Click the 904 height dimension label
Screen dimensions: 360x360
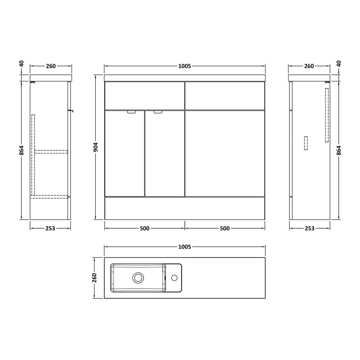pyautogui.click(x=95, y=147)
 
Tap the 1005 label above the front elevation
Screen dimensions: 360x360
pyautogui.click(x=184, y=66)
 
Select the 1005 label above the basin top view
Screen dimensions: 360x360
pyautogui.click(x=184, y=247)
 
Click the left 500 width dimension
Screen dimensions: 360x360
pyautogui.click(x=145, y=229)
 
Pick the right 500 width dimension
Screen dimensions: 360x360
pyautogui.click(x=225, y=229)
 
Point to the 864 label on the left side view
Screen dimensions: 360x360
pyautogui.click(x=22, y=150)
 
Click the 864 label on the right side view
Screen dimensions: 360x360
pyautogui.click(x=339, y=150)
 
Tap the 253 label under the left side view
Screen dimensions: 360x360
pyautogui.click(x=50, y=229)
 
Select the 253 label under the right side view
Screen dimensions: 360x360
pyautogui.click(x=310, y=229)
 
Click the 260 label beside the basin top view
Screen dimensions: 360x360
pyautogui.click(x=94, y=278)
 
